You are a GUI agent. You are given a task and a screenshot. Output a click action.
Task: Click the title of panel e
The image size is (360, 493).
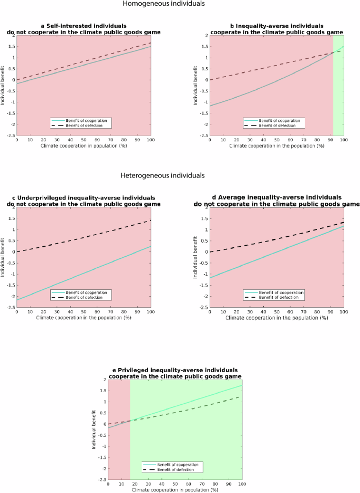click(x=174, y=373)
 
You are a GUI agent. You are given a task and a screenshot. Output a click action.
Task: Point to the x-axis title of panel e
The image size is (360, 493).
click(x=174, y=489)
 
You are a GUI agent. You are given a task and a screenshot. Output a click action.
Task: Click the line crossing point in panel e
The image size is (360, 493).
click(x=130, y=421)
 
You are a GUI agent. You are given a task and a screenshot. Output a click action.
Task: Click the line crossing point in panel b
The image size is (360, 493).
click(x=333, y=53)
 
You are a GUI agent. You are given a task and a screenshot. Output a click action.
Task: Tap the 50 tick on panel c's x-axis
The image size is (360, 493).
click(x=84, y=312)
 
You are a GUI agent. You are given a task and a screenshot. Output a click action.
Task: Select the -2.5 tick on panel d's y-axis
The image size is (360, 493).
click(x=203, y=308)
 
